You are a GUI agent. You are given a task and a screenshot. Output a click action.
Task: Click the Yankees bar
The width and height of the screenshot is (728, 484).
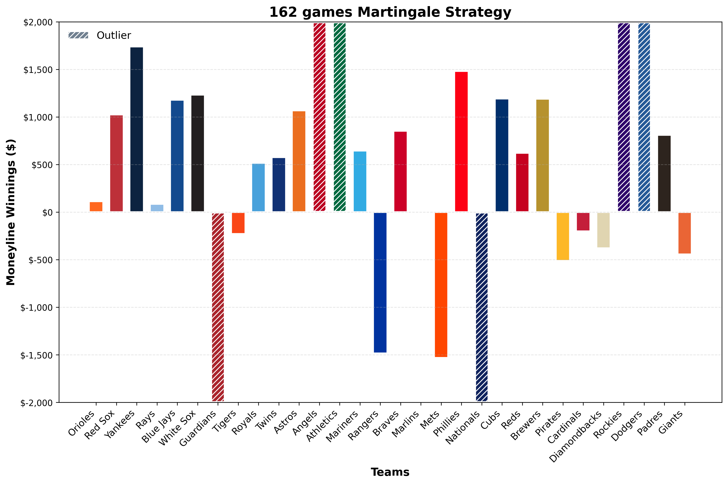click(x=137, y=130)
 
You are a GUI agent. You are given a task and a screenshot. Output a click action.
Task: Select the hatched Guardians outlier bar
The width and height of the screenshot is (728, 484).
click(x=218, y=307)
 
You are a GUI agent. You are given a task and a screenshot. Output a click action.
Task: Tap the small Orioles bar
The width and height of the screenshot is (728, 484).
click(x=96, y=207)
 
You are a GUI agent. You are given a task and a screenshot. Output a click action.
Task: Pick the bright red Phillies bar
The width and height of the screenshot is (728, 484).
click(x=461, y=142)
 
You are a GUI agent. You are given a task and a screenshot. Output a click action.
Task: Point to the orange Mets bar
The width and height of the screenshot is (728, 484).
click(x=441, y=285)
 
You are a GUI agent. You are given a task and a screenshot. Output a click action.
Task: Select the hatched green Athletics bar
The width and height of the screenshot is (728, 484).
click(x=339, y=117)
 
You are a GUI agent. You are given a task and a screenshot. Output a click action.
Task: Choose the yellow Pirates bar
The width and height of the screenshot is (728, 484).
click(x=563, y=236)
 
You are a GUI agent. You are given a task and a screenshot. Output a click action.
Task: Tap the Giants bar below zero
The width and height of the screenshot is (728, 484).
click(x=685, y=233)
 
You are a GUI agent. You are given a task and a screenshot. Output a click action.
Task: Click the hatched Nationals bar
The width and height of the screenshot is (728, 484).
click(x=482, y=307)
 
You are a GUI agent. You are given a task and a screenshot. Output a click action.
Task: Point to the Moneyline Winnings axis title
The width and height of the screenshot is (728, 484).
click(x=11, y=212)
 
